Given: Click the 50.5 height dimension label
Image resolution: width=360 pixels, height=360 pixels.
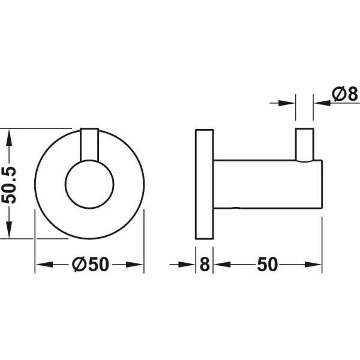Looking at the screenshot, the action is [9, 185].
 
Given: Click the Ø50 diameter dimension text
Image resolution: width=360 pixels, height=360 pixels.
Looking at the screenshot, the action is [90, 264].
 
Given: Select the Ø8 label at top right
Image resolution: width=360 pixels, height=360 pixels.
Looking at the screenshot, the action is [345, 94].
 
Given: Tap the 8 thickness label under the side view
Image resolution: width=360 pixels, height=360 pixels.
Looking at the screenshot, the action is [205, 265].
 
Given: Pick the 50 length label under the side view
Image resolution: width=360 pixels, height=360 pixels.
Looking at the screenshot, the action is [267, 265].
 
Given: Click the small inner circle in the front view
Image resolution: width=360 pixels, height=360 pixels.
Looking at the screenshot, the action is [89, 184].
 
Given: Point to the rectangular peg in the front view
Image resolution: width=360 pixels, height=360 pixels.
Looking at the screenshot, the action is [89, 145].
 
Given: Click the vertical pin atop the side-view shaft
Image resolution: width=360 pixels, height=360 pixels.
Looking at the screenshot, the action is [304, 145].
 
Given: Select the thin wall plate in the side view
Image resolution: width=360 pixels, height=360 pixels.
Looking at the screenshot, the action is [205, 184].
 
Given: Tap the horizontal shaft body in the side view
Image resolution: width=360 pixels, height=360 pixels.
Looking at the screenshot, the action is [268, 184].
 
